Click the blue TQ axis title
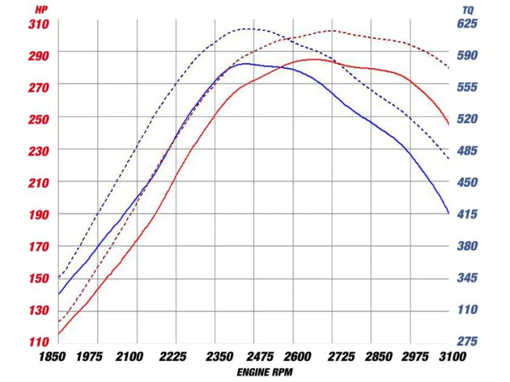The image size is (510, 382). click(x=467, y=10)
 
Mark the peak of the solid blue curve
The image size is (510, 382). click(x=244, y=64)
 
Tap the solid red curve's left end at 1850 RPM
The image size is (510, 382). click(x=59, y=334)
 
